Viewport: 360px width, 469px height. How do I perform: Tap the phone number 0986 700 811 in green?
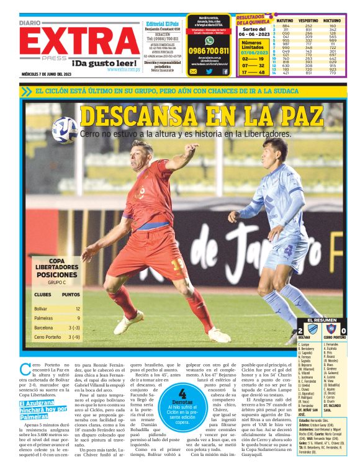tap(209, 51)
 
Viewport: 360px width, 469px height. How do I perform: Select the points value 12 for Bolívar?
tap(78, 308)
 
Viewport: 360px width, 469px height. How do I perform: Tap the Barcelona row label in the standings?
tap(43, 327)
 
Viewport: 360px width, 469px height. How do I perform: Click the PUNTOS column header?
tap(71, 294)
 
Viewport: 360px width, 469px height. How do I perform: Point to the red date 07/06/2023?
tap(251, 52)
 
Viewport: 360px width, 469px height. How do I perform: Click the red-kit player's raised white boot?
tap(128, 323)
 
